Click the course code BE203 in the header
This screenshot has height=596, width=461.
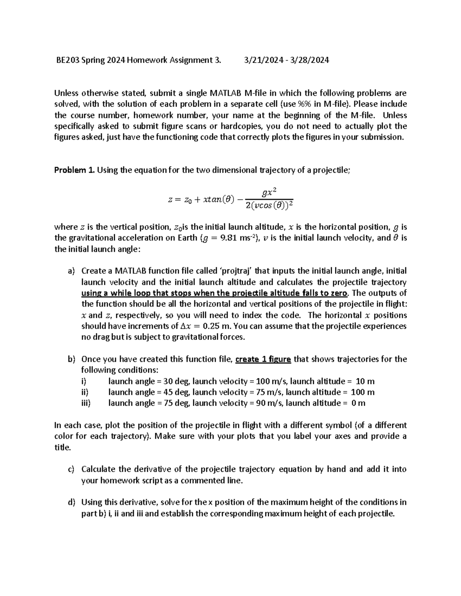pyautogui.click(x=66, y=60)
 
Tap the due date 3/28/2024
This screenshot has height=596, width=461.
pyautogui.click(x=309, y=60)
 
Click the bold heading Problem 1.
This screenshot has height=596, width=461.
pyautogui.click(x=75, y=170)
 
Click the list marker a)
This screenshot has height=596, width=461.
pyautogui.click(x=71, y=271)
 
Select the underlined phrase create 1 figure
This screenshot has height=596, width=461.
pyautogui.click(x=263, y=359)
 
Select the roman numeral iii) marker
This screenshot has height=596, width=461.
pyautogui.click(x=86, y=403)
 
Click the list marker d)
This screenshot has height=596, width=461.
pyautogui.click(x=71, y=502)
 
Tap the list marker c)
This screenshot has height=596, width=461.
pyautogui.click(x=71, y=469)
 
